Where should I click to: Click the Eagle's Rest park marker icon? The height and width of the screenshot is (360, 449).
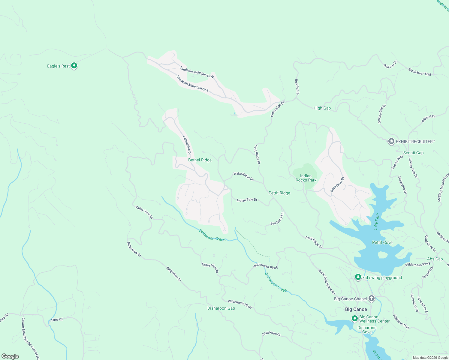(74, 66)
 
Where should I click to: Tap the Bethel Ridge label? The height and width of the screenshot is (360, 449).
(200, 160)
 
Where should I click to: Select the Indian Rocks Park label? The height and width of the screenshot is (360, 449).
(306, 178)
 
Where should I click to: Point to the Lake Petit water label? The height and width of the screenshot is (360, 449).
(377, 222)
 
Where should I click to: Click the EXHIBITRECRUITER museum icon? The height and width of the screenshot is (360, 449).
(391, 142)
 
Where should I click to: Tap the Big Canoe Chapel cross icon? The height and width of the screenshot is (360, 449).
(372, 298)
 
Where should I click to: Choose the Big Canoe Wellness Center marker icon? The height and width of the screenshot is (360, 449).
(355, 318)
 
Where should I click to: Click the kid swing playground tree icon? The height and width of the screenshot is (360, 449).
(358, 277)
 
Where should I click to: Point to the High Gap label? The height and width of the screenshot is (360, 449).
(322, 108)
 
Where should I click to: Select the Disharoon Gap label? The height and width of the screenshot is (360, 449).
(221, 308)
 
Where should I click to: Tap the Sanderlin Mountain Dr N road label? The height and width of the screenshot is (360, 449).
(197, 72)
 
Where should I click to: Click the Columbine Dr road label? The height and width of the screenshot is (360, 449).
(187, 145)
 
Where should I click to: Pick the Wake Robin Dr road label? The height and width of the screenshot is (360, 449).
(243, 176)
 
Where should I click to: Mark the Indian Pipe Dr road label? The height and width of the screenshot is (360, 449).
(247, 200)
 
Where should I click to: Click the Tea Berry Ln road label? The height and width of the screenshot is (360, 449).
(277, 219)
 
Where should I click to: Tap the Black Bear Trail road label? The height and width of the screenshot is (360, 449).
(419, 72)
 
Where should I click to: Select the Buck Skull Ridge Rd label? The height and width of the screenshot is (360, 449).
(327, 282)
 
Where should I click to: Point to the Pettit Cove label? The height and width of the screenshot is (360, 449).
(382, 243)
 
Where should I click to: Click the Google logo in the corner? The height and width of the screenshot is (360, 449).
(10, 356)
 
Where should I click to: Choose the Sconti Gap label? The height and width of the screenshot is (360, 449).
(413, 153)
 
